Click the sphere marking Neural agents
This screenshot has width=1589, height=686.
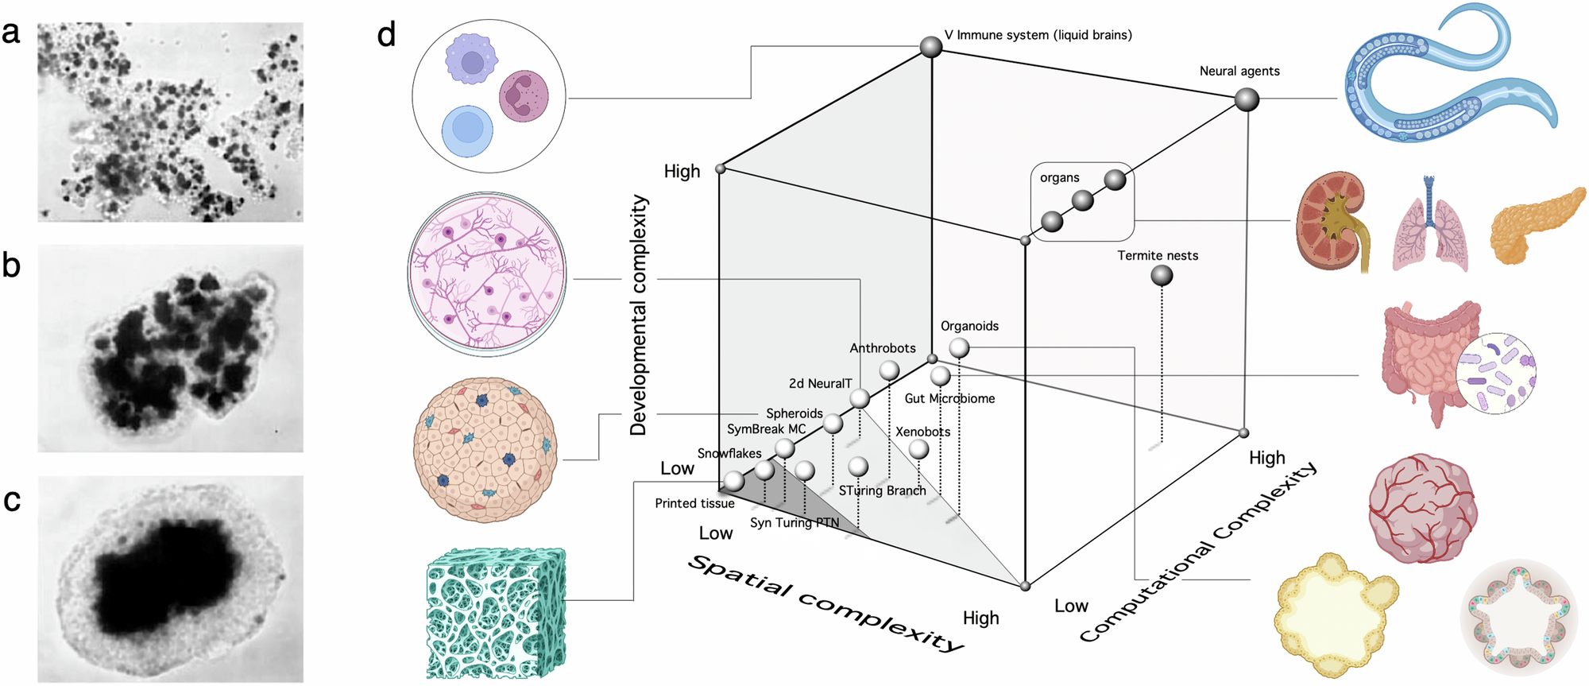1247,100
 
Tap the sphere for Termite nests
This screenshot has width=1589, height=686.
1162,276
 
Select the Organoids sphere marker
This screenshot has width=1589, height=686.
959,347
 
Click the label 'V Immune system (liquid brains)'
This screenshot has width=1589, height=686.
1038,35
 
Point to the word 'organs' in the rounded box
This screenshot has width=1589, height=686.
1059,178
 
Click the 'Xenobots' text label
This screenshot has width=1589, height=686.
922,432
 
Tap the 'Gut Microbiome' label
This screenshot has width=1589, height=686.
949,398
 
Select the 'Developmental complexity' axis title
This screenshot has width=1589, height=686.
639,315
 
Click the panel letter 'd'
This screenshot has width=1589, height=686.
386,35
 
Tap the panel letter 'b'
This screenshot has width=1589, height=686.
11,265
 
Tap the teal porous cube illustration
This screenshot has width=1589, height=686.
496,613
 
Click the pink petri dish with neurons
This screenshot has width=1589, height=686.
487,274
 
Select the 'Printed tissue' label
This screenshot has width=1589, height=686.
694,503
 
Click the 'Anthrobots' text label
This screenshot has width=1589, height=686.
882,348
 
